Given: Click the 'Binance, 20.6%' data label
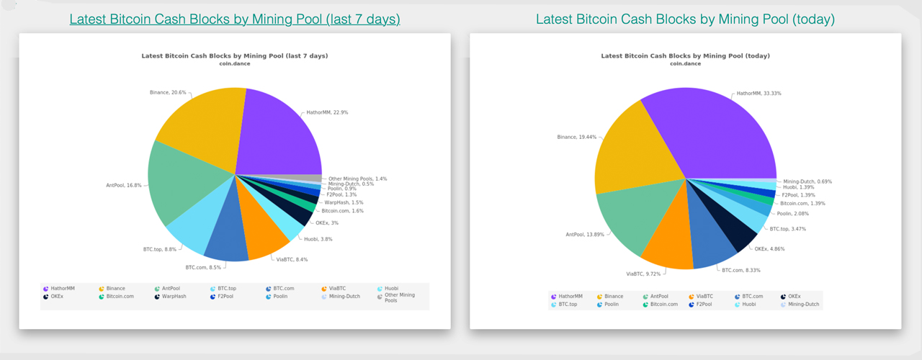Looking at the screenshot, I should point(168,92).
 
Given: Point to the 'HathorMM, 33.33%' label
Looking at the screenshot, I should point(758,94).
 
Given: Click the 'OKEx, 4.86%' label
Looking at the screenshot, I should point(770,248).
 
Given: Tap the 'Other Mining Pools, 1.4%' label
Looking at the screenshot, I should point(357,179).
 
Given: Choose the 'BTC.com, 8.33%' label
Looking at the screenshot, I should point(741,270).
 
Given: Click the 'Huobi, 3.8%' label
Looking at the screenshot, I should point(318,239).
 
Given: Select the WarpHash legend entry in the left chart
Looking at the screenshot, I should point(172,296).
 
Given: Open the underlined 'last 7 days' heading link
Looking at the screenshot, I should point(235,19).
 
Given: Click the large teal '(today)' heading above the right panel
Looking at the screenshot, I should point(685,19).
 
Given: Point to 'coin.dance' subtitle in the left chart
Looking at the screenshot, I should point(234,63).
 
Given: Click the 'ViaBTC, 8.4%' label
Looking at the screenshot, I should point(292,259).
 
